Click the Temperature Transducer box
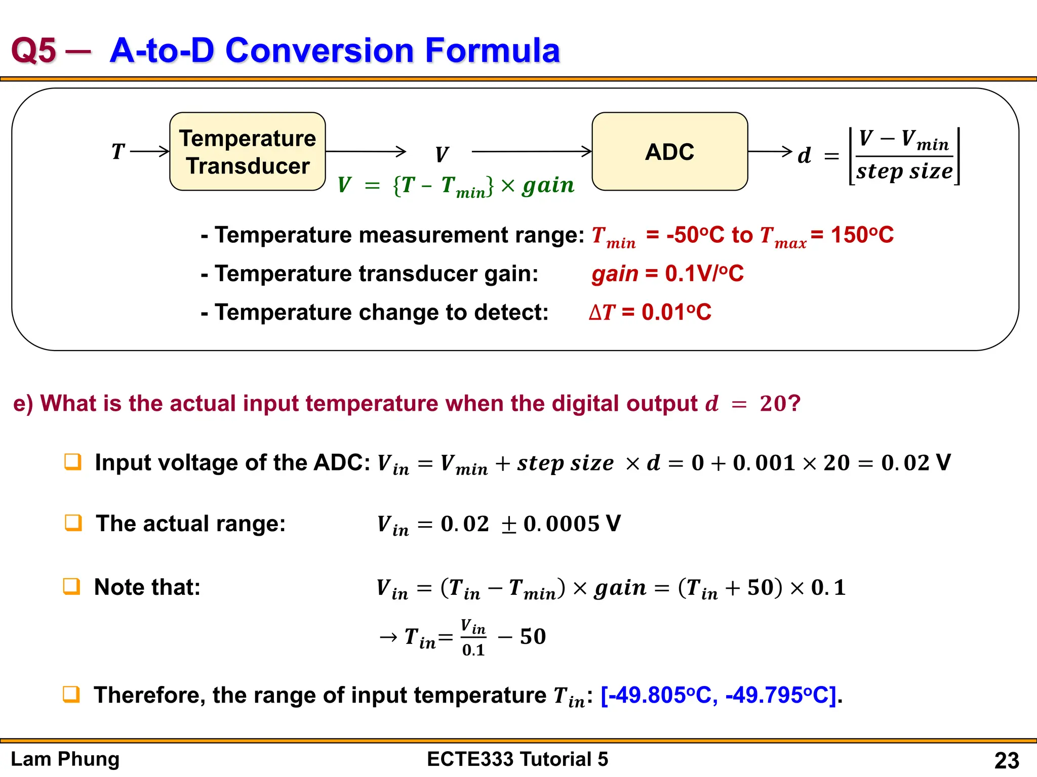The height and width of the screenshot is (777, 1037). tap(248, 151)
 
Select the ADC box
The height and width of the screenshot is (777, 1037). tap(669, 151)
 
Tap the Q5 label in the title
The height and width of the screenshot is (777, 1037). tap(33, 51)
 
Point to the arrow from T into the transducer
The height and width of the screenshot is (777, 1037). tap(150, 151)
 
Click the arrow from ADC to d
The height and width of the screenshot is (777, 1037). tap(770, 151)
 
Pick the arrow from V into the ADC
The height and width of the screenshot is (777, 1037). tap(532, 151)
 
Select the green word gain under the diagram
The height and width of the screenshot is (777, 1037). tap(548, 185)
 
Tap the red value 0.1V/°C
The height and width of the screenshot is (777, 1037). tap(704, 274)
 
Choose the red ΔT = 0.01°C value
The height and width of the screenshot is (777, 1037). tap(650, 312)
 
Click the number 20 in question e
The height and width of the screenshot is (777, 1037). tap(773, 404)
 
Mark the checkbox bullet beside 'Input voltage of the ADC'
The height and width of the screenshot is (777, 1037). tap(73, 461)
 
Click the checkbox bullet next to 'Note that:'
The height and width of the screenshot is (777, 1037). tap(71, 586)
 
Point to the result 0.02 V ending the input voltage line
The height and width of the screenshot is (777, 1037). tap(915, 462)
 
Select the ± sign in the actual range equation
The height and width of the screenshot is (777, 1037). tap(508, 525)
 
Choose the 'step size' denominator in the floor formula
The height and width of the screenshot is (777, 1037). tap(904, 171)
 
